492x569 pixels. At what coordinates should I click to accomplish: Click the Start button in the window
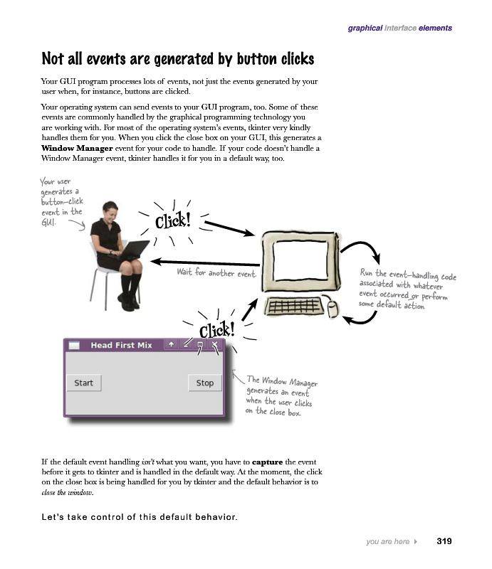pyautogui.click(x=84, y=383)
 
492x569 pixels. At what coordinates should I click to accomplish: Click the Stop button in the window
pyautogui.click(x=204, y=383)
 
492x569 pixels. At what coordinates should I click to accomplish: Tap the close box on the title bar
pyautogui.click(x=214, y=345)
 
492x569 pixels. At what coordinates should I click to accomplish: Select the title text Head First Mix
pyautogui.click(x=121, y=346)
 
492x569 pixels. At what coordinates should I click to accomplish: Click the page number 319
pyautogui.click(x=444, y=542)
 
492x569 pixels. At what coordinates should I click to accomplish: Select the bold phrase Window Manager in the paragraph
pyautogui.click(x=76, y=149)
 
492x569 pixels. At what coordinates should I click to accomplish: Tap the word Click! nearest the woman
pyautogui.click(x=172, y=221)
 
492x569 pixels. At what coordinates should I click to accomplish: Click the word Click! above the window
pyautogui.click(x=216, y=331)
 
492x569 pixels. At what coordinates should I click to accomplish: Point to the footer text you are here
pyautogui.click(x=387, y=542)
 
